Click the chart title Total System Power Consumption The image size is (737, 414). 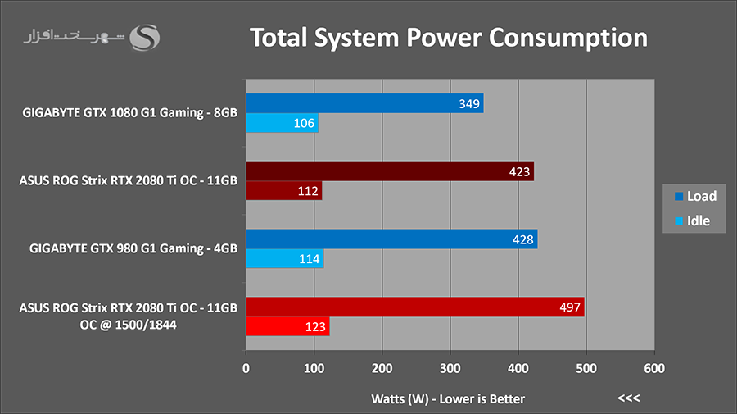448,38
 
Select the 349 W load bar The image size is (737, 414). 364,103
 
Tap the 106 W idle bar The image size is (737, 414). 282,124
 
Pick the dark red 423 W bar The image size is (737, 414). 390,171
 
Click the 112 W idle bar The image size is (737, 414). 283,191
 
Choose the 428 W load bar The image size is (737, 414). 391,239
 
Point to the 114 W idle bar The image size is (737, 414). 284,259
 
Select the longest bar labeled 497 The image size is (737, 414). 414,307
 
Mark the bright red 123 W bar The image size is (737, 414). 287,327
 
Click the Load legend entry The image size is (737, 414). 695,196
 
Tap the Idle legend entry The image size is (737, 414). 693,221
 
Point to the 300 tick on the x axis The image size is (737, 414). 450,369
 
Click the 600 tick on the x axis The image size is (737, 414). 653,369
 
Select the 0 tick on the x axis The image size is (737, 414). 246,369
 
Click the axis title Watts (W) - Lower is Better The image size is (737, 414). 448,398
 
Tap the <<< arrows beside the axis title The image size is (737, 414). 629,398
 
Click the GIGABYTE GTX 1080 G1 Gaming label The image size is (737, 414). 130,113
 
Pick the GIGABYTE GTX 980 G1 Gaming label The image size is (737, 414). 133,248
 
